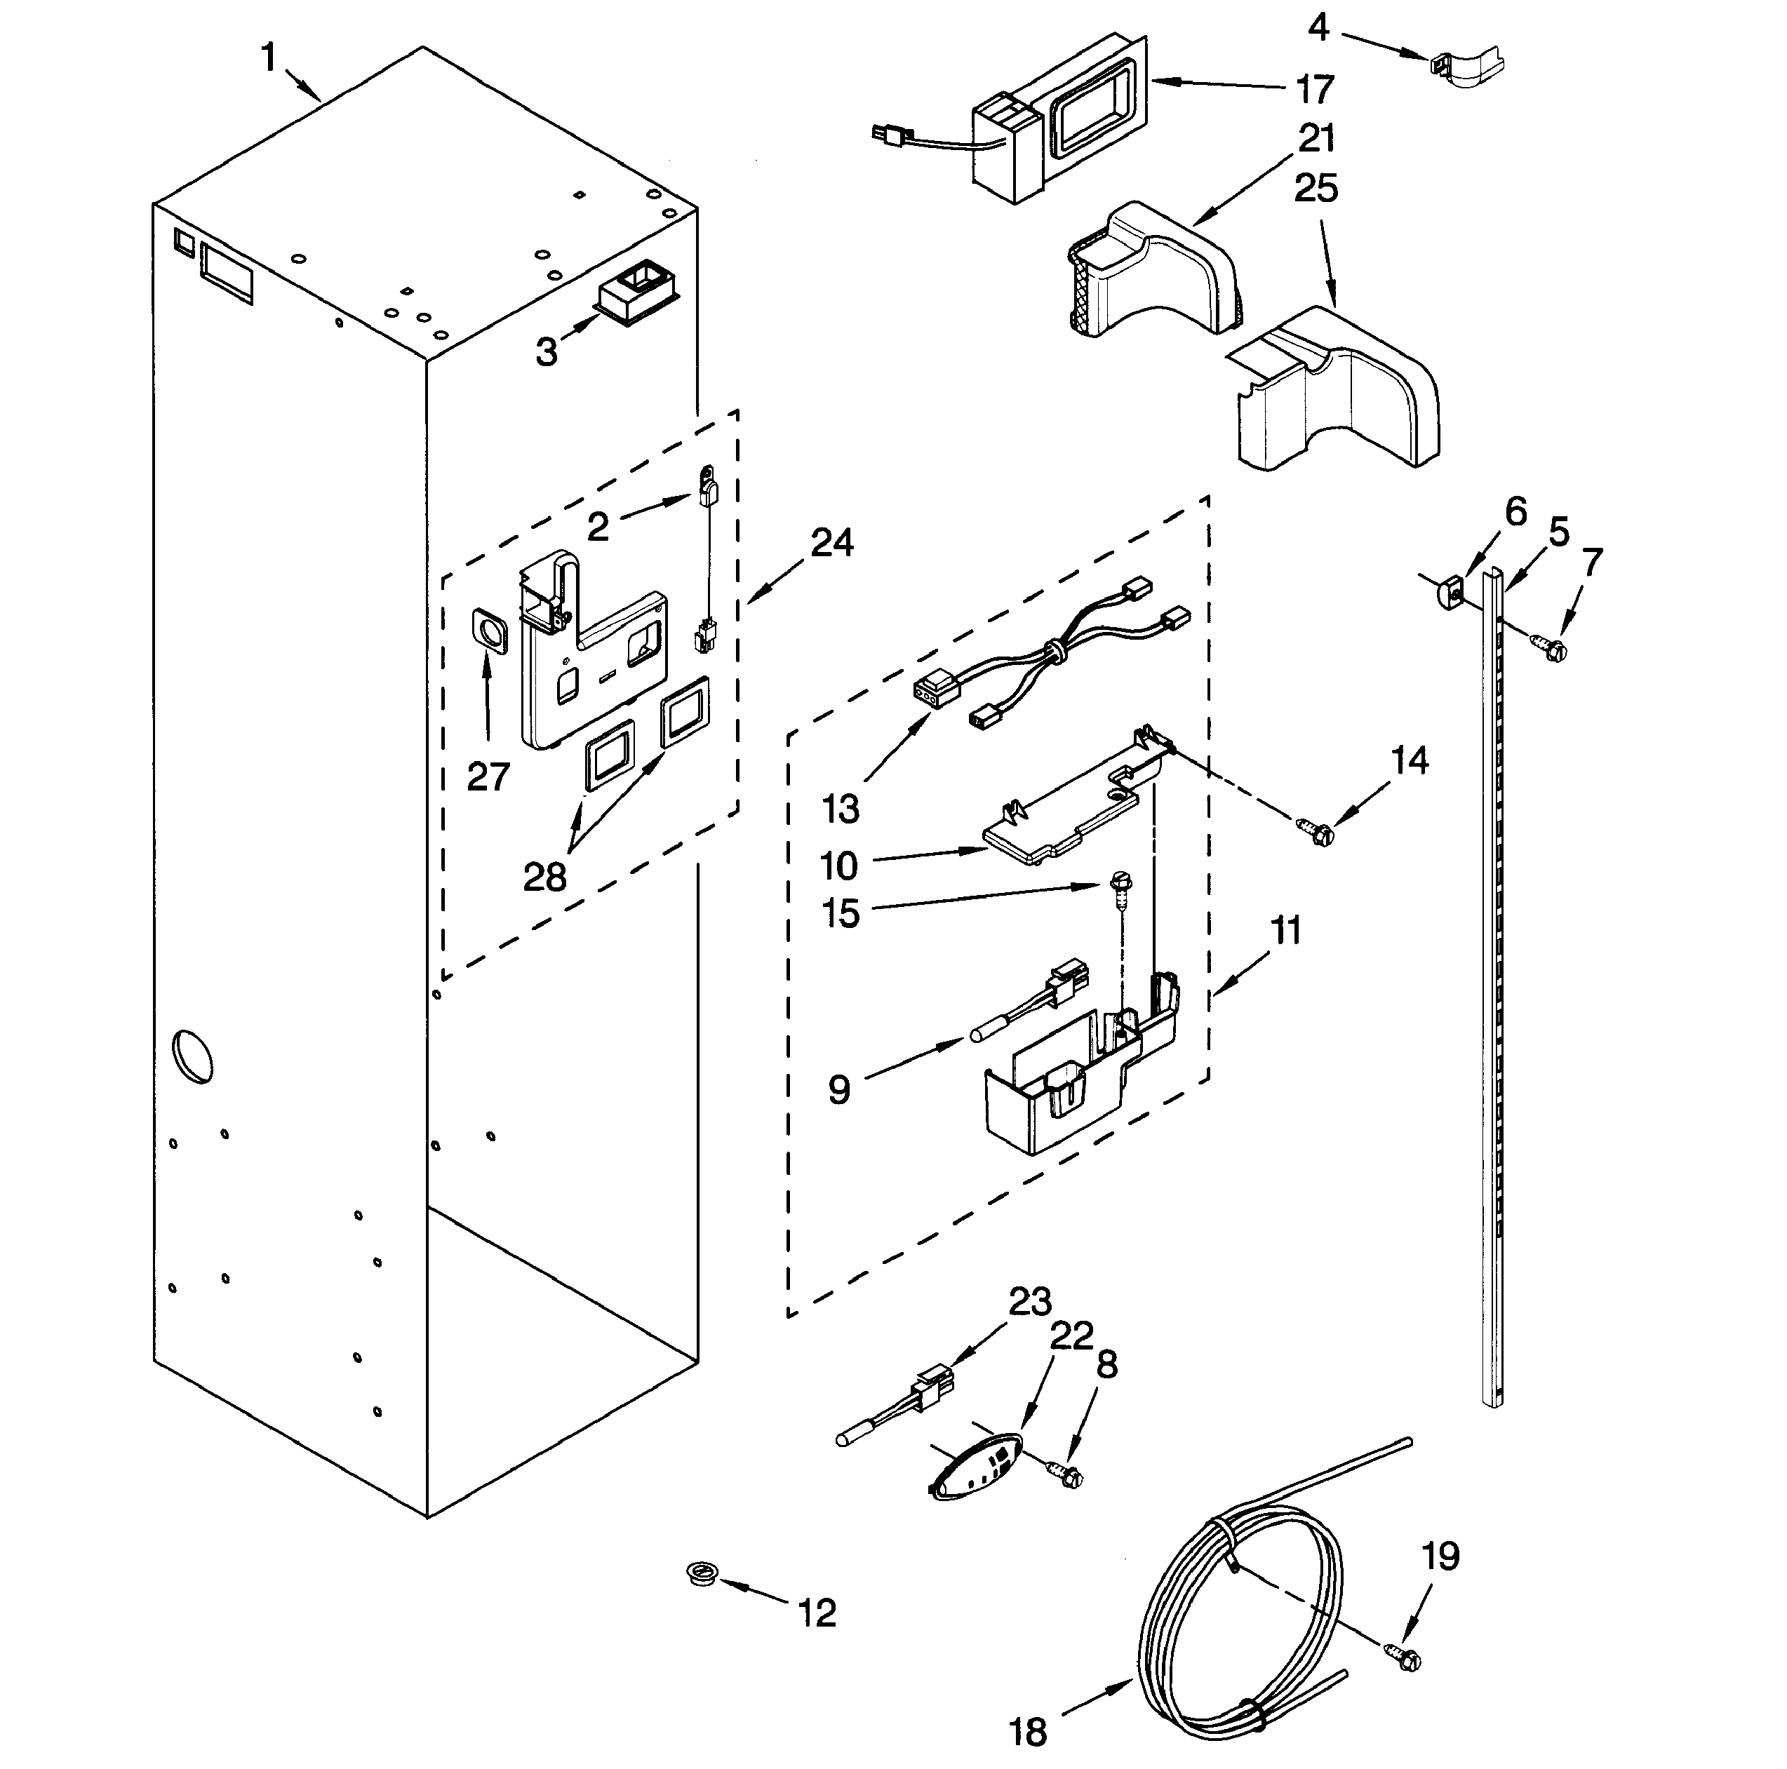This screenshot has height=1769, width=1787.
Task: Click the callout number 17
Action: [1314, 90]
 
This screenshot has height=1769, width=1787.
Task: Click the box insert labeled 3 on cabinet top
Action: [636, 290]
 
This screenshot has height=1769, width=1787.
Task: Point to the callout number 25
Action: [1316, 189]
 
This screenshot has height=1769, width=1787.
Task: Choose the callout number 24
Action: [831, 543]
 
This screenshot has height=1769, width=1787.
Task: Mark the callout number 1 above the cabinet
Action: [268, 58]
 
